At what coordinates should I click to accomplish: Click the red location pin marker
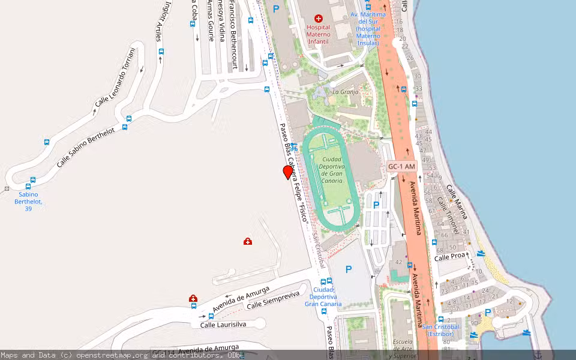(288, 172)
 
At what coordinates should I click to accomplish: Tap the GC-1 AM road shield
(401, 166)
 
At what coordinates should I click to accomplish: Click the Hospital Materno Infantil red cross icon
(318, 19)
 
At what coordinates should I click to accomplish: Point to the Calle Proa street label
(450, 257)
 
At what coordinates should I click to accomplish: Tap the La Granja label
(345, 92)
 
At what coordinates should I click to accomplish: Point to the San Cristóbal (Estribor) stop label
(441, 330)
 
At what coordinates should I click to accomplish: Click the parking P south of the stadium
(349, 270)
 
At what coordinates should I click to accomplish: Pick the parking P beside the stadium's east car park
(376, 205)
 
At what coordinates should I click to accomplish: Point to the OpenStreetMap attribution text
(120, 355)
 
